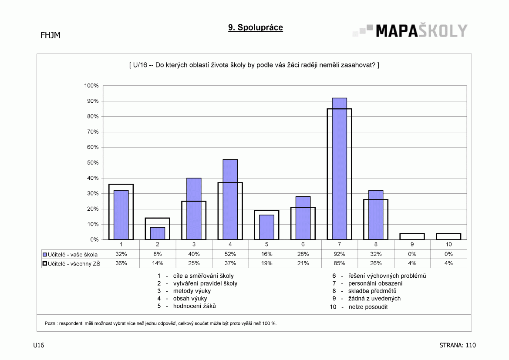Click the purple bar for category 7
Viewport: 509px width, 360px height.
pyautogui.click(x=339, y=169)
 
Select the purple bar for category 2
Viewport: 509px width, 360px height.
pyautogui.click(x=158, y=233)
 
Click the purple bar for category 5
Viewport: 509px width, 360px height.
pyautogui.click(x=266, y=227)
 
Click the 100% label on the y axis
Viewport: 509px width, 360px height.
pyautogui.click(x=91, y=86)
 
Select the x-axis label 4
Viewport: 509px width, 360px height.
pyautogui.click(x=230, y=245)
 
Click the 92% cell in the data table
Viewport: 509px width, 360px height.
pyautogui.click(x=339, y=254)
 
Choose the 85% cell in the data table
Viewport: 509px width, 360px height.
pyautogui.click(x=339, y=263)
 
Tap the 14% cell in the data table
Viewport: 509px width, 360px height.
pyautogui.click(x=158, y=263)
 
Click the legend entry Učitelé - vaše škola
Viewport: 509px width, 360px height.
pyautogui.click(x=70, y=255)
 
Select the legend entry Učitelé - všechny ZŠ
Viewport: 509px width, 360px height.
pyautogui.click(x=71, y=264)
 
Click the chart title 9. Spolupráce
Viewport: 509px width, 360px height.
pyautogui.click(x=256, y=27)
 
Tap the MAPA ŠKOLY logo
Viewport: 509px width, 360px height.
pyautogui.click(x=410, y=30)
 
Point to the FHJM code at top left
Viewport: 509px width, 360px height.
pyautogui.click(x=51, y=35)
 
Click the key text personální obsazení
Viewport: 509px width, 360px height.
pyautogui.click(x=375, y=283)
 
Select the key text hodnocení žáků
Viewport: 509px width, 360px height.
pyautogui.click(x=195, y=306)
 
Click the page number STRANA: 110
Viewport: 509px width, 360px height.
pyautogui.click(x=457, y=345)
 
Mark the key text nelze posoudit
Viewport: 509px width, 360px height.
pyautogui.click(x=368, y=307)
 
